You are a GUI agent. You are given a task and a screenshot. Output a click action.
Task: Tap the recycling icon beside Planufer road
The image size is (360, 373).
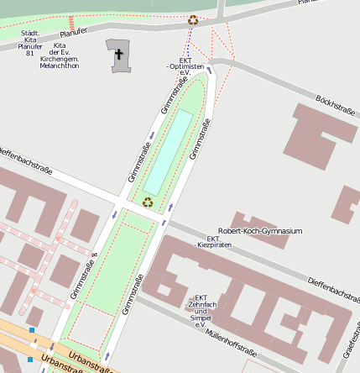(x=192, y=20)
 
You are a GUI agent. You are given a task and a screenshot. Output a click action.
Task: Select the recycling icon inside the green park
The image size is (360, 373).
(x=148, y=201)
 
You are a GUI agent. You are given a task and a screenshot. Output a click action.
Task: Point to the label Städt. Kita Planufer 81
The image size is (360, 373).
(x=30, y=43)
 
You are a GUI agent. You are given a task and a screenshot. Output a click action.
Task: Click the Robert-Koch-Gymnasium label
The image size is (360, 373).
(x=259, y=231)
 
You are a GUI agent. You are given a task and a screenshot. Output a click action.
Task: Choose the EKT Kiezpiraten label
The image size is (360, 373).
(x=213, y=242)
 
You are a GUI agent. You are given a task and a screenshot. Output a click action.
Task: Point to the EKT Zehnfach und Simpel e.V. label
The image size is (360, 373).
(x=201, y=311)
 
